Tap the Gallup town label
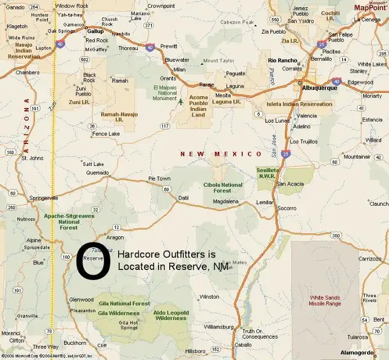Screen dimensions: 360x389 [x=96, y=32]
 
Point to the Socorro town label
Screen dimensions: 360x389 [x=287, y=208]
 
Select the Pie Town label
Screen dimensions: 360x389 [x=159, y=178]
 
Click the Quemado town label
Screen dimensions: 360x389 [x=97, y=173]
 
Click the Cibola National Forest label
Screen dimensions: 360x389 [x=224, y=187]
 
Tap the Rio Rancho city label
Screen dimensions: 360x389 [x=282, y=60]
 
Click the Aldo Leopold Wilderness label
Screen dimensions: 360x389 [x=171, y=315]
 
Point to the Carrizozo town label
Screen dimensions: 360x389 [x=370, y=258]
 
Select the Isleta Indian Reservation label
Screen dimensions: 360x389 [x=300, y=104]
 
